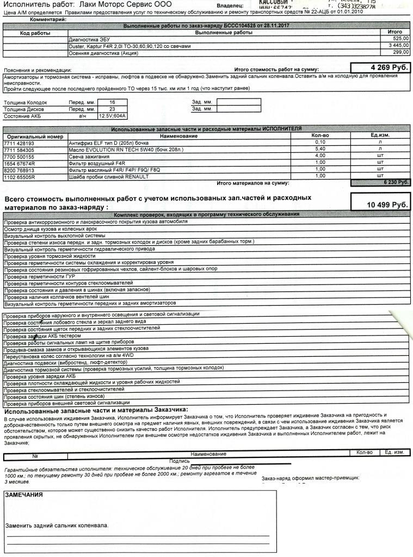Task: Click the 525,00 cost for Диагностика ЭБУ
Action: [x=400, y=39]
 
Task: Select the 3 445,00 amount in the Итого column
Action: [x=398, y=46]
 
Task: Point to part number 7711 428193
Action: [x=19, y=143]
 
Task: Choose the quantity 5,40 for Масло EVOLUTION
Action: [x=320, y=149]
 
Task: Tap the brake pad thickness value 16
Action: [x=112, y=102]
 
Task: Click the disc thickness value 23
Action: [x=112, y=109]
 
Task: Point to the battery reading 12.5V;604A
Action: [x=112, y=116]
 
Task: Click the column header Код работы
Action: [x=35, y=33]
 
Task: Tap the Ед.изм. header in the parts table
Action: [x=381, y=135]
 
